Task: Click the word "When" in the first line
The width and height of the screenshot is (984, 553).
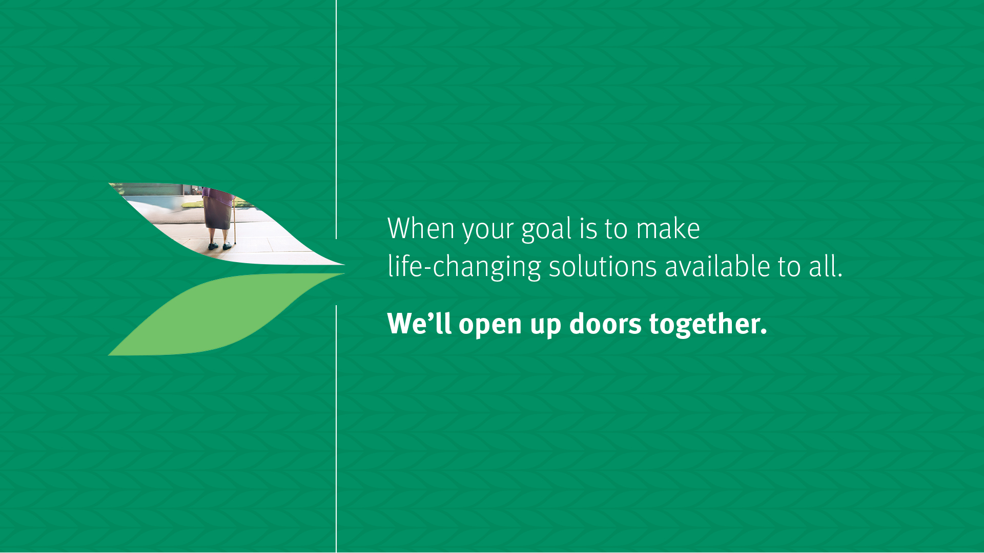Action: [421, 228]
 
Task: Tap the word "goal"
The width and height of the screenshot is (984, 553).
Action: [546, 230]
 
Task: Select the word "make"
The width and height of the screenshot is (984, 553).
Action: [668, 228]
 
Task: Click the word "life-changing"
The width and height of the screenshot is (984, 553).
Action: [464, 267]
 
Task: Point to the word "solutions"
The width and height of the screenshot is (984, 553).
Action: [603, 267]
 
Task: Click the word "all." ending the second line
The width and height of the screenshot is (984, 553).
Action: [826, 267]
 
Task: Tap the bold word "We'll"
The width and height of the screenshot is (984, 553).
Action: [419, 324]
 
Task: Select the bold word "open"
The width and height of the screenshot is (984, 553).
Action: [490, 326]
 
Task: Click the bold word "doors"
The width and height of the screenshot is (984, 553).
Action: [605, 324]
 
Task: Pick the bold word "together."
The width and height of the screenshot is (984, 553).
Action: [708, 325]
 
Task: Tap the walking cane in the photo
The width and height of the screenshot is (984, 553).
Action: [235, 220]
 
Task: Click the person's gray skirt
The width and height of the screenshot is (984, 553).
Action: [217, 213]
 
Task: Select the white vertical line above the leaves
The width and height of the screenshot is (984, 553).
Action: [336, 119]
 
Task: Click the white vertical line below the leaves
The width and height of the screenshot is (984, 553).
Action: [336, 429]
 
